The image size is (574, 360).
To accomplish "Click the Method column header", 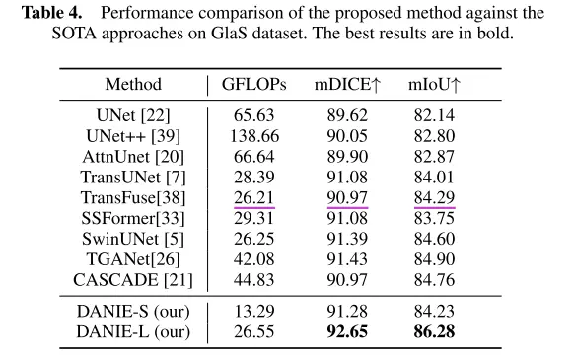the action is tap(133, 84).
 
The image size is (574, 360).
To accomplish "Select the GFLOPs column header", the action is tap(253, 84).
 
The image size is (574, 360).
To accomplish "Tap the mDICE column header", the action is tap(347, 84).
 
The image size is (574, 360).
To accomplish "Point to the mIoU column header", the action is tap(434, 84).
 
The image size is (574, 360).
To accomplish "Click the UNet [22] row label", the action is tap(133, 115).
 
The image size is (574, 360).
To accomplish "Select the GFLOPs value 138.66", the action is tap(254, 136).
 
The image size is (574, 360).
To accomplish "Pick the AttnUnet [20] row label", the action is tap(133, 157).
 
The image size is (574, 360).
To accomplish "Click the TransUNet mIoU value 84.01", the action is tap(434, 178).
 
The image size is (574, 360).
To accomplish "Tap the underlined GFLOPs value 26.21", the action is tap(254, 198).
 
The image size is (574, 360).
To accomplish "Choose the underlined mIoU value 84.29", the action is tap(434, 198).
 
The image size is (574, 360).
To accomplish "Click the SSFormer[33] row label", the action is tap(133, 218).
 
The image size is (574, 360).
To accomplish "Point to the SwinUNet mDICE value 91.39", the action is tap(347, 239).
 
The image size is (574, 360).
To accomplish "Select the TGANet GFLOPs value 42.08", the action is tap(254, 259).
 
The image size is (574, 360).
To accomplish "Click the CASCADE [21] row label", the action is tap(133, 280).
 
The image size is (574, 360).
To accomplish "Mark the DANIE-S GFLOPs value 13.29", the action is tap(254, 312).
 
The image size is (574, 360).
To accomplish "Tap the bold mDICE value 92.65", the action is tap(347, 331).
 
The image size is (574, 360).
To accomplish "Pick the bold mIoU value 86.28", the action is tap(434, 331).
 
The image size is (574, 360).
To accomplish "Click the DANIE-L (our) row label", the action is tap(133, 332).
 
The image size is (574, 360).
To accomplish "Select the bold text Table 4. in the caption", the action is tap(51, 13).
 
